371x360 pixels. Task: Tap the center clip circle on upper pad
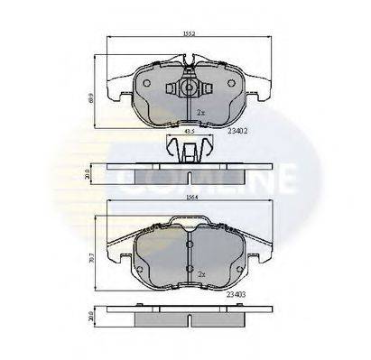point(190,88)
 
